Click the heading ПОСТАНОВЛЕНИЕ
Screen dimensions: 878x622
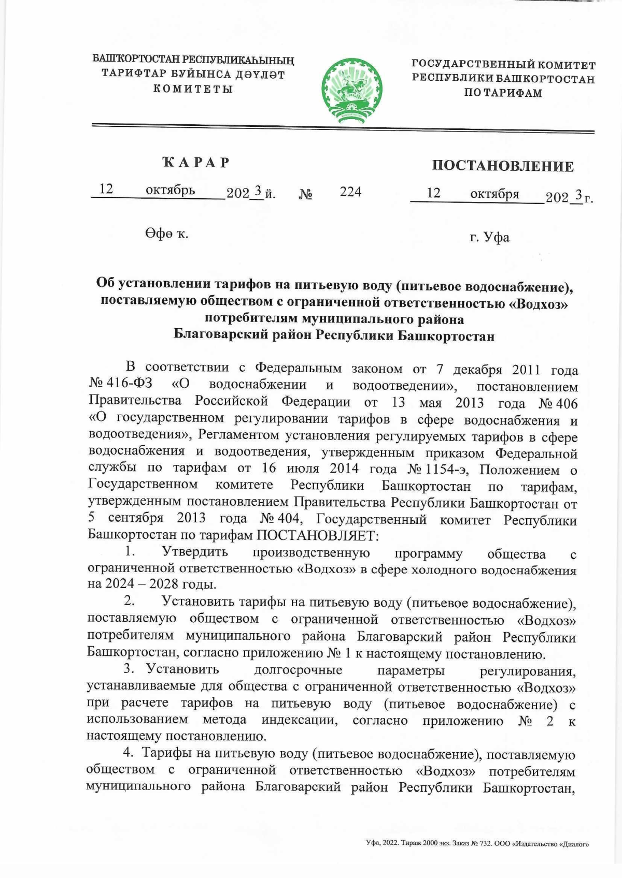502,166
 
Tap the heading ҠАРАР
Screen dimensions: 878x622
196,162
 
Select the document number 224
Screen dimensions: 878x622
350,192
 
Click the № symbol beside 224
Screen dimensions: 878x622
306,195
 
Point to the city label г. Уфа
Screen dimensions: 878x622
489,238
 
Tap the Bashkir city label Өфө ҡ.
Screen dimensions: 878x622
166,234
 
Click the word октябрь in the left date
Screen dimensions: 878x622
170,190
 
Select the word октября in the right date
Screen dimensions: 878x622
494,194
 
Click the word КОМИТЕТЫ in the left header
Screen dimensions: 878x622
192,89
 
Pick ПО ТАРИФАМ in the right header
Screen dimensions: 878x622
503,93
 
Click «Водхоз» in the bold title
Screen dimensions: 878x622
540,303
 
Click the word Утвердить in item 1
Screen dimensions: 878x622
194,552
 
